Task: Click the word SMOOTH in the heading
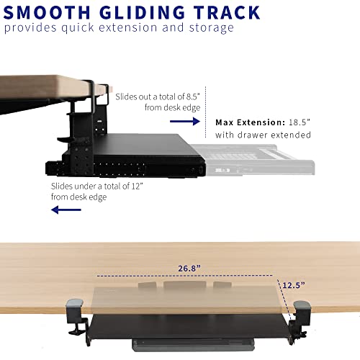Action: (x=47, y=12)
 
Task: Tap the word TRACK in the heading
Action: (x=227, y=12)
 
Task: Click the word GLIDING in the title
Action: (x=142, y=12)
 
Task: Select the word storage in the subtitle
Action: (x=212, y=28)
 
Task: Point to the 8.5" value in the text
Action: (x=193, y=96)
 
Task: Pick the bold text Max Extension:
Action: (x=251, y=122)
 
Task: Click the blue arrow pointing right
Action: (x=185, y=121)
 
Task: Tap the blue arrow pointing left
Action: (x=66, y=210)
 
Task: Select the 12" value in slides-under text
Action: (x=137, y=186)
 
